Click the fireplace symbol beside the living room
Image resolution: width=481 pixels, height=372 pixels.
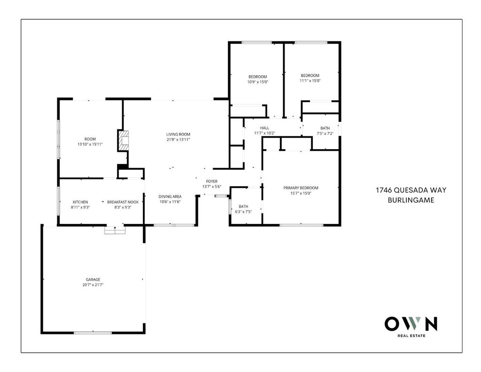(124, 141)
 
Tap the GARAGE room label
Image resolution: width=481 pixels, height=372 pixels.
(93, 279)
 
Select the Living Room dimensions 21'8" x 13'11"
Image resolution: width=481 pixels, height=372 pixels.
(178, 140)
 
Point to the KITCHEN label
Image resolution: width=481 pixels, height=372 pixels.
(80, 202)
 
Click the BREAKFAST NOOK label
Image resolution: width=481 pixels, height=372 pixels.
(123, 202)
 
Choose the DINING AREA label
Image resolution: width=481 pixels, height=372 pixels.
(170, 197)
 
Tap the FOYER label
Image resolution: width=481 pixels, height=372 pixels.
(212, 181)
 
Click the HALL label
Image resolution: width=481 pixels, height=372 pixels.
(264, 128)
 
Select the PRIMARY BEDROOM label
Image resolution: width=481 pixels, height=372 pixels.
(301, 188)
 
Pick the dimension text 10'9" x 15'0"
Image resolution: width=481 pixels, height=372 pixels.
(258, 82)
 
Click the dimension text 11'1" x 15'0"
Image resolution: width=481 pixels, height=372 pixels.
(310, 81)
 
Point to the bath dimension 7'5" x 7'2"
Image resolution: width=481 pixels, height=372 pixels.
(325, 134)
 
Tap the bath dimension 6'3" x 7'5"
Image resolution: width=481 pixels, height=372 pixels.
(243, 212)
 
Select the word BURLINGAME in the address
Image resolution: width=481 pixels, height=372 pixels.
(411, 200)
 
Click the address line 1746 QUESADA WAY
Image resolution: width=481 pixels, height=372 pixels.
(411, 190)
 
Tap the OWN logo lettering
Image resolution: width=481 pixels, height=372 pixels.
(411, 324)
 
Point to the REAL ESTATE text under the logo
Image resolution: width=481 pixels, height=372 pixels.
(411, 336)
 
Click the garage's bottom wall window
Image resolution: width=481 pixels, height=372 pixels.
(93, 332)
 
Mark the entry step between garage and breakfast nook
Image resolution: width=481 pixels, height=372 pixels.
(115, 230)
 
